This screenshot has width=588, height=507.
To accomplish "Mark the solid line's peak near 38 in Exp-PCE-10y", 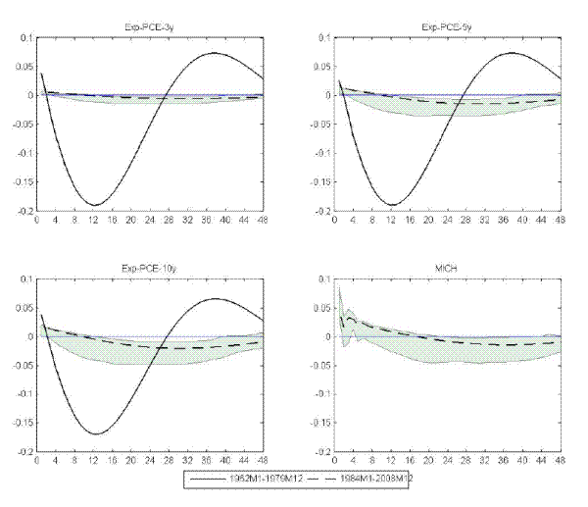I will click(x=218, y=299).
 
